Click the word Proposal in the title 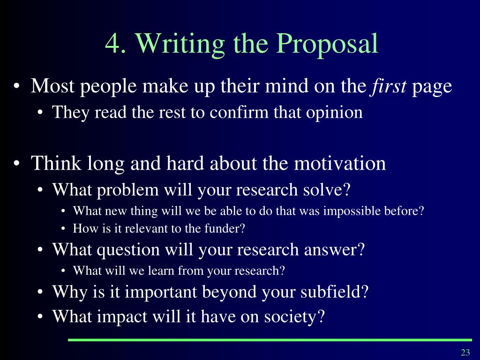coord(327,44)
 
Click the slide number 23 coord(465,352)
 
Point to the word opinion coord(334,112)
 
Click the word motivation coord(340,163)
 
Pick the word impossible coord(352,211)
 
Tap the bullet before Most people coord(17,86)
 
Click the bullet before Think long coord(17,163)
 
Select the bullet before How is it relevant coord(63,229)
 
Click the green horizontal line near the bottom coord(270,340)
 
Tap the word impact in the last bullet coord(122,316)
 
